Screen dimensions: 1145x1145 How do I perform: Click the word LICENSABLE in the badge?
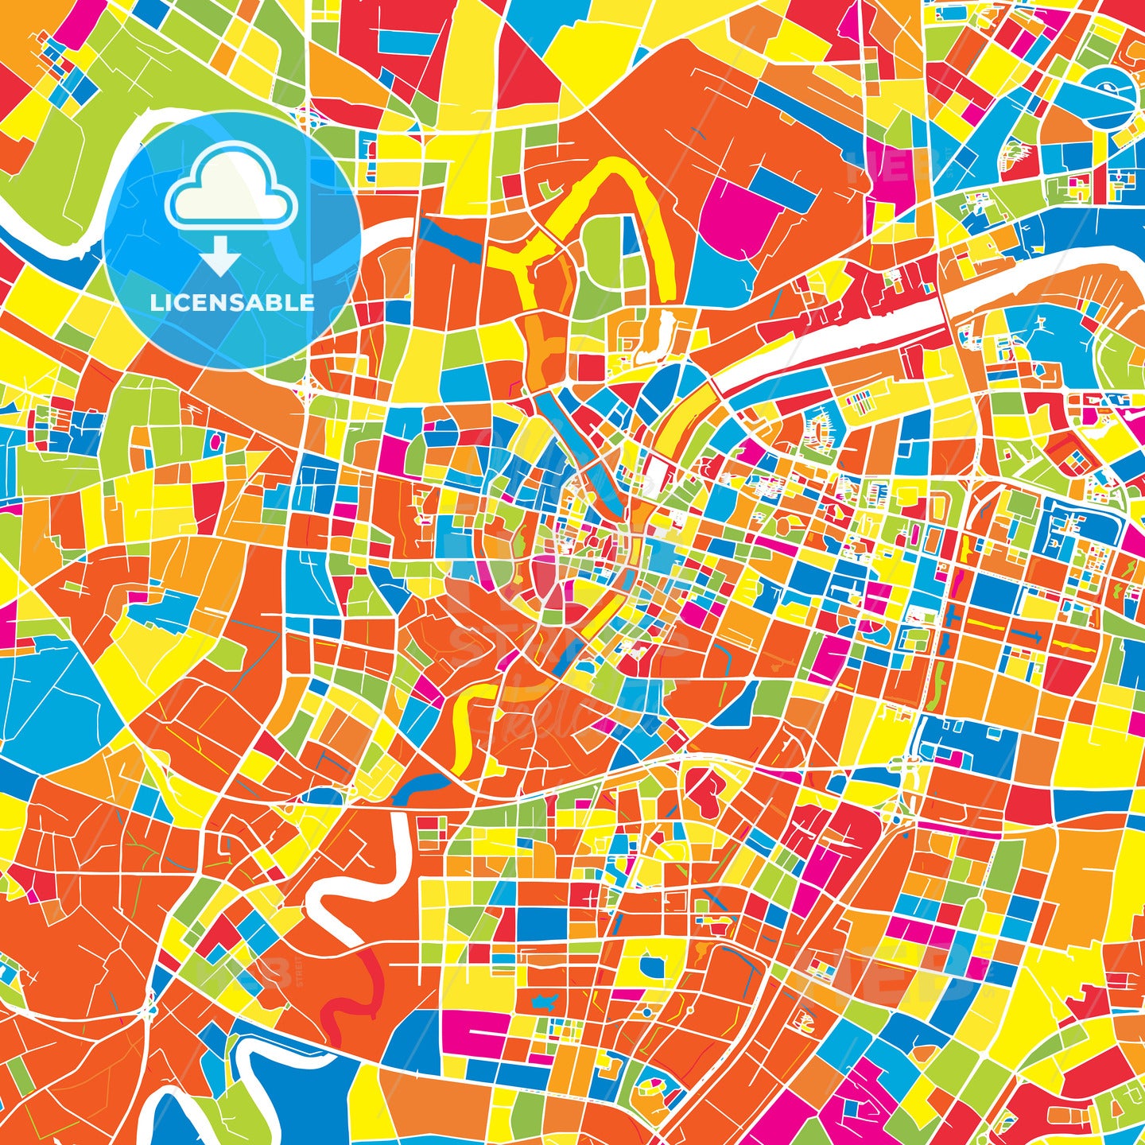[232, 303]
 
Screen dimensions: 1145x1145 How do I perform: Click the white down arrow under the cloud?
[221, 258]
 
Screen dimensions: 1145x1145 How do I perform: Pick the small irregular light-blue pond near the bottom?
[548, 1002]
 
